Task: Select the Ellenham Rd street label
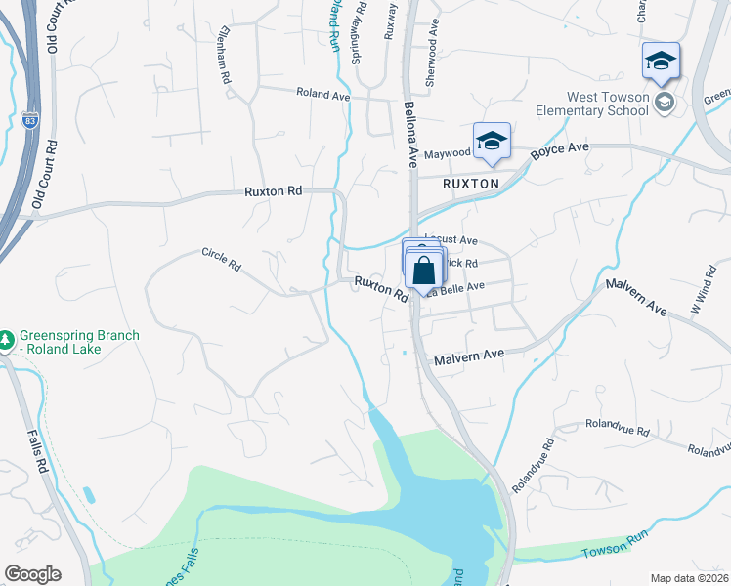(x=225, y=54)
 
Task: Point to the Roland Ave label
(x=324, y=93)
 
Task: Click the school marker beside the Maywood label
(x=492, y=141)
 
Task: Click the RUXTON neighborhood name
(x=470, y=183)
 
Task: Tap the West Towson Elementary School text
(x=607, y=104)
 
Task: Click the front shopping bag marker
(x=425, y=272)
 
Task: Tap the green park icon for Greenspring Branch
(x=7, y=338)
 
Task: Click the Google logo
(x=32, y=573)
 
